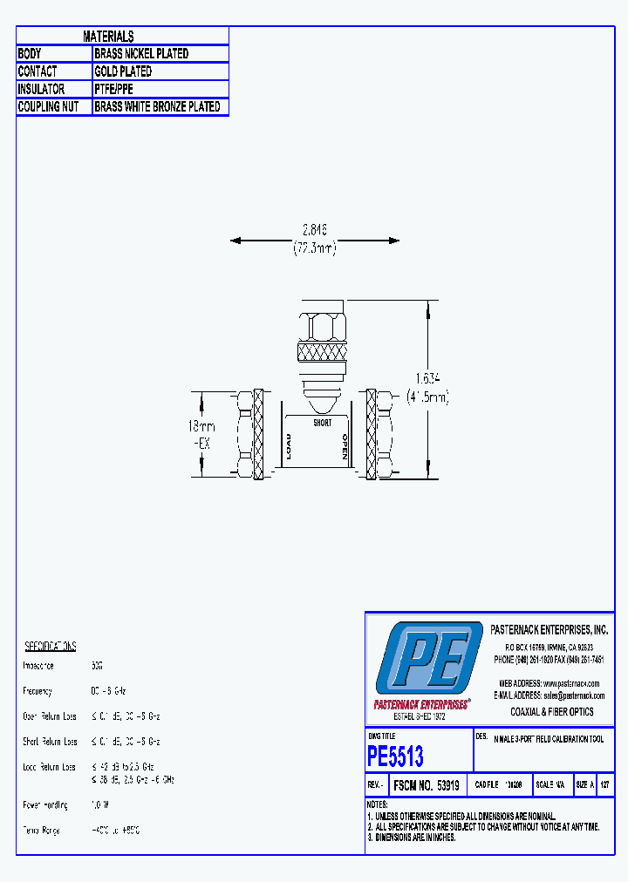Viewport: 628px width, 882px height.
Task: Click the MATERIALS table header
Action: [108, 36]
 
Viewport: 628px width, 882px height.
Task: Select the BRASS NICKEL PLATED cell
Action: [141, 53]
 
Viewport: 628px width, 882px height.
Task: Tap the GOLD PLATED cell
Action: [123, 71]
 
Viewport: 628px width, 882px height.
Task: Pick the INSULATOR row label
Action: [41, 89]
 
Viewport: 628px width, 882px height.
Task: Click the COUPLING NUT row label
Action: [48, 107]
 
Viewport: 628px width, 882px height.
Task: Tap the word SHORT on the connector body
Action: [323, 423]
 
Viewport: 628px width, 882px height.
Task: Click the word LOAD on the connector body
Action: [288, 446]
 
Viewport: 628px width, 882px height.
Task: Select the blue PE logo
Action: [428, 660]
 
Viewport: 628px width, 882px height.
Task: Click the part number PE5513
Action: [395, 755]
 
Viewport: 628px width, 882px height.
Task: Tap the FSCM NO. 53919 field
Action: [428, 784]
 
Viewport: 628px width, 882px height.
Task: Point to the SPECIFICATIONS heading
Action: [50, 646]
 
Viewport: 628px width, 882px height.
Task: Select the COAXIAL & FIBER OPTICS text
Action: [551, 712]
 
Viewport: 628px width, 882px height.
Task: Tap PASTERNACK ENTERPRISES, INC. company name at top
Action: [549, 629]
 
